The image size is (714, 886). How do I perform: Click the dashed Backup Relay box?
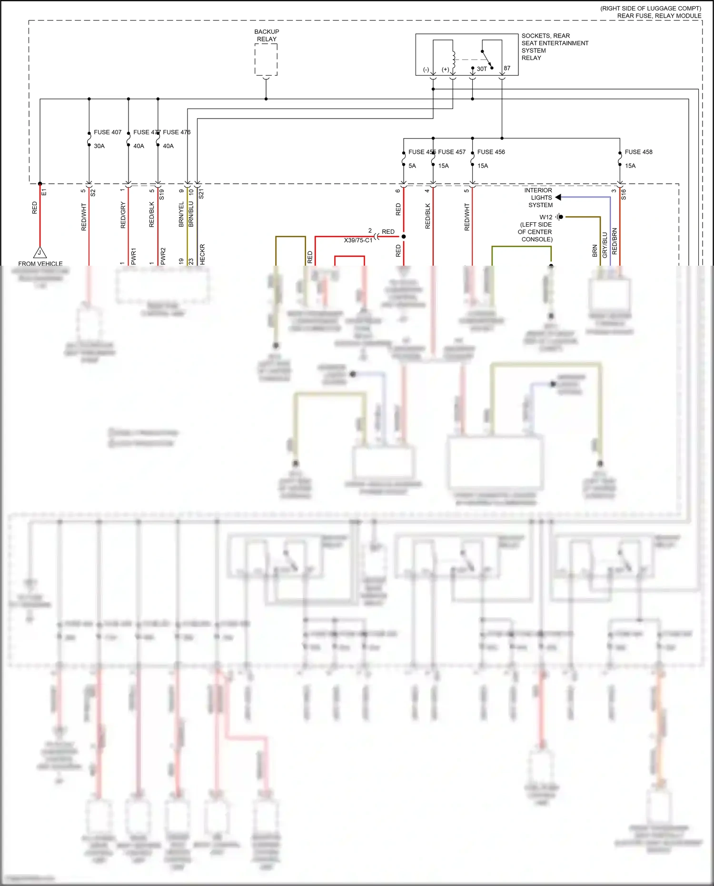[x=266, y=60]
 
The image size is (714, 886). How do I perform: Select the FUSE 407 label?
[x=108, y=132]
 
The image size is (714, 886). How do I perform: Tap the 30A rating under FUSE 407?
[x=99, y=146]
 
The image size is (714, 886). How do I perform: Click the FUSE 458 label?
[x=638, y=152]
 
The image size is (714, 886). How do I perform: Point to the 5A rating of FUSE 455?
[x=412, y=166]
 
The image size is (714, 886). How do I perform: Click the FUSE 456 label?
[x=491, y=152]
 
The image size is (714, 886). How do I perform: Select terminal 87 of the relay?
[x=507, y=68]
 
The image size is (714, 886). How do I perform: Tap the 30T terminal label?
[x=482, y=69]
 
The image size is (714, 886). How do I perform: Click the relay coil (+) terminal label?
[x=445, y=70]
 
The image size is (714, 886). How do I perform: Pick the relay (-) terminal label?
[x=426, y=70]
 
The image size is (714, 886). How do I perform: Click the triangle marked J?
[x=40, y=253]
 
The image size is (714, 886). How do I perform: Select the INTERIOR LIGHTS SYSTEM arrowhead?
[x=558, y=197]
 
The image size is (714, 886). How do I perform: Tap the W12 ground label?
[x=546, y=217]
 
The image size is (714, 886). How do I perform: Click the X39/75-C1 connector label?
[x=358, y=240]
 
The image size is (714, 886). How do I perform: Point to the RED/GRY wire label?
[x=123, y=215]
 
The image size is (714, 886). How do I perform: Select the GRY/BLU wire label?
[x=605, y=245]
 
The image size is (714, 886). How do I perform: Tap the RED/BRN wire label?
[x=615, y=241]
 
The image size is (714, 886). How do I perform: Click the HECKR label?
[x=202, y=254]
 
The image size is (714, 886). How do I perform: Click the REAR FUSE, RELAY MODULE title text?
[x=659, y=16]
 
